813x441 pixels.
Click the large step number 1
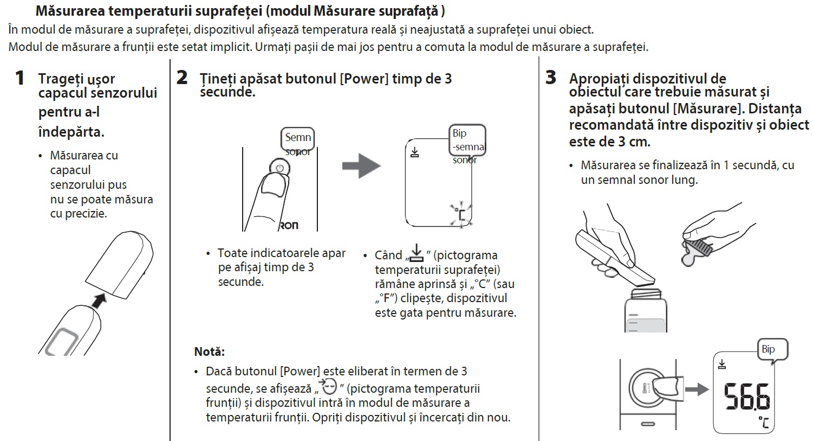coord(19,78)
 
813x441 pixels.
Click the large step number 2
coord(182,78)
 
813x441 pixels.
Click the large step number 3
coord(550,78)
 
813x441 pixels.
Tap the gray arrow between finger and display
coord(361,166)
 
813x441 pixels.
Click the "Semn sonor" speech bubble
coord(298,140)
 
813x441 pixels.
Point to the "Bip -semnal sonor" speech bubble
coord(467,142)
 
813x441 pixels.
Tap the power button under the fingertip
coord(279,168)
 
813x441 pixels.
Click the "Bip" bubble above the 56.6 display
coord(769,350)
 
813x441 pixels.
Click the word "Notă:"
coord(209,351)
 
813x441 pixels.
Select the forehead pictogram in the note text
coord(328,387)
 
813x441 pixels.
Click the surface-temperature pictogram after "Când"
coord(415,253)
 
